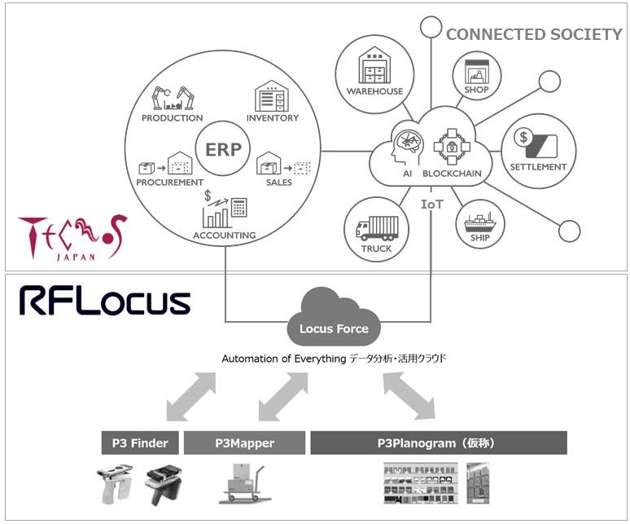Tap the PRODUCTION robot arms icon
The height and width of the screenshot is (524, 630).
coord(173,97)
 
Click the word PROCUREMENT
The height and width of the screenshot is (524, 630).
coord(169,182)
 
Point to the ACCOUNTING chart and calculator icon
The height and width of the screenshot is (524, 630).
coord(224,209)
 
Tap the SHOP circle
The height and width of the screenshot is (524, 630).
coord(476,75)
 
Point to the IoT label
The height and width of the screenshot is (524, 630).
coord(431,204)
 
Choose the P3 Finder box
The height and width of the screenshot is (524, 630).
coord(139,443)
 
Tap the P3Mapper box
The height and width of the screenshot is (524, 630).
coord(244,443)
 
